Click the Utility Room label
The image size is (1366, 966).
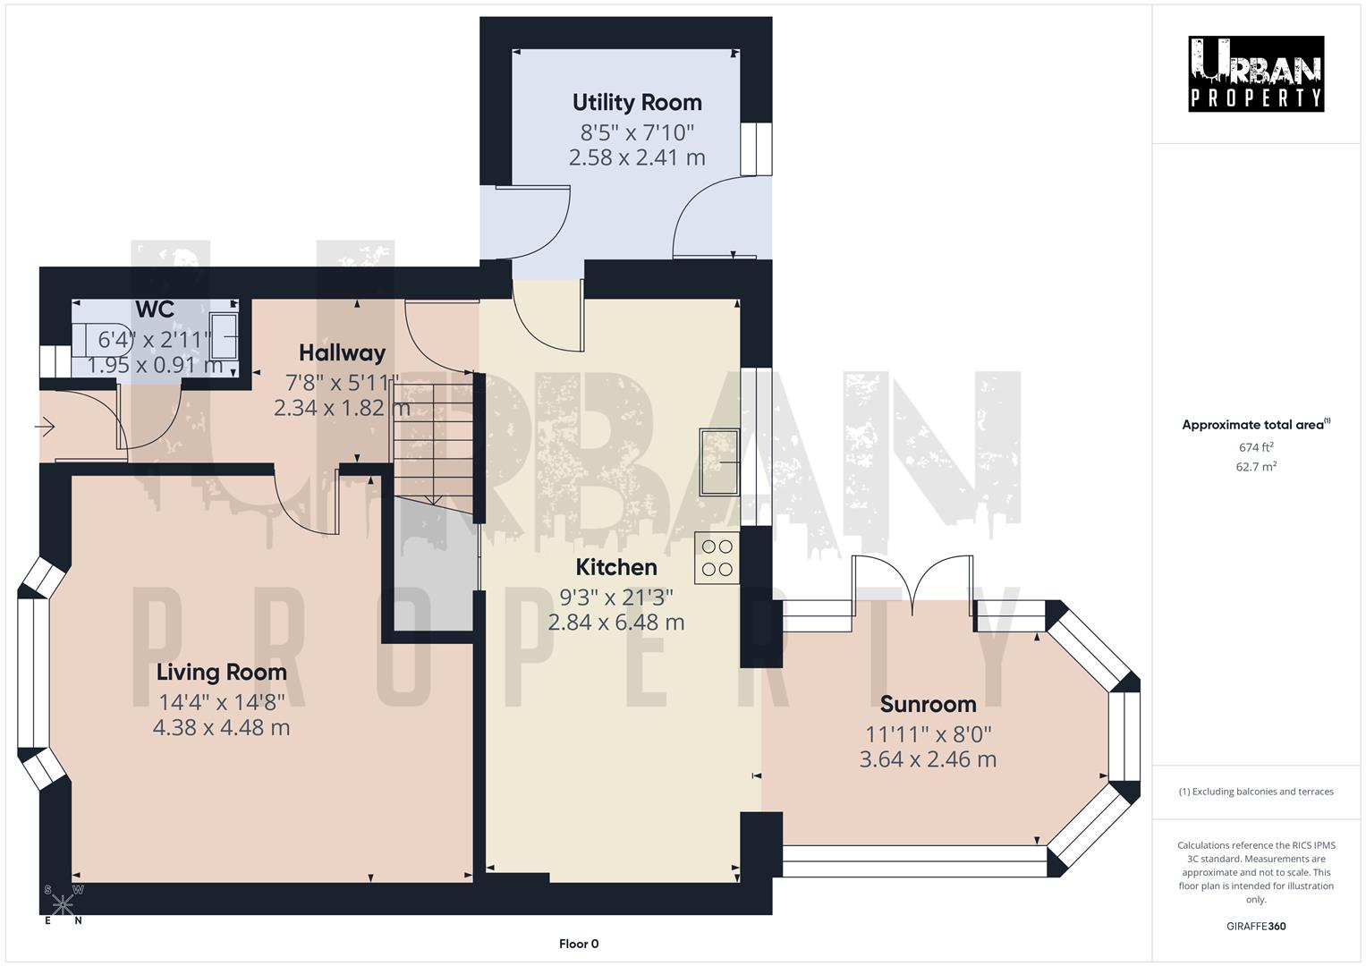[x=637, y=102]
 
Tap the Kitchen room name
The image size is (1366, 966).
[x=616, y=567]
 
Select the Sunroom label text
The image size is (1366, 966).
[x=928, y=704]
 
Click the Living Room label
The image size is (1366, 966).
[x=221, y=672]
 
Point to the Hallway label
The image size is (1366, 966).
[x=342, y=352]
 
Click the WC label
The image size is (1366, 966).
[x=155, y=309]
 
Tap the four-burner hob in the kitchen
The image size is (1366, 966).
[x=717, y=557]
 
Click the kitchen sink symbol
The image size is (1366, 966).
[x=720, y=461]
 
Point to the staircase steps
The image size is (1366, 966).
[x=432, y=438]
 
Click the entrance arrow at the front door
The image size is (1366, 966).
[x=45, y=428]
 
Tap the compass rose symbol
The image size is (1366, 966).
[x=62, y=905]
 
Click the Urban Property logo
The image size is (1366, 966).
[x=1256, y=73]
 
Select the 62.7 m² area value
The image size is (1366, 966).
[x=1256, y=466]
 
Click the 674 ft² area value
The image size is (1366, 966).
[x=1256, y=447]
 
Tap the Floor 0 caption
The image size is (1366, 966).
[x=579, y=944]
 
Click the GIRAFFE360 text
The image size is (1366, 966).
[x=1256, y=926]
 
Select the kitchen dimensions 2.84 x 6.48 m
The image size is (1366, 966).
[x=616, y=622]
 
